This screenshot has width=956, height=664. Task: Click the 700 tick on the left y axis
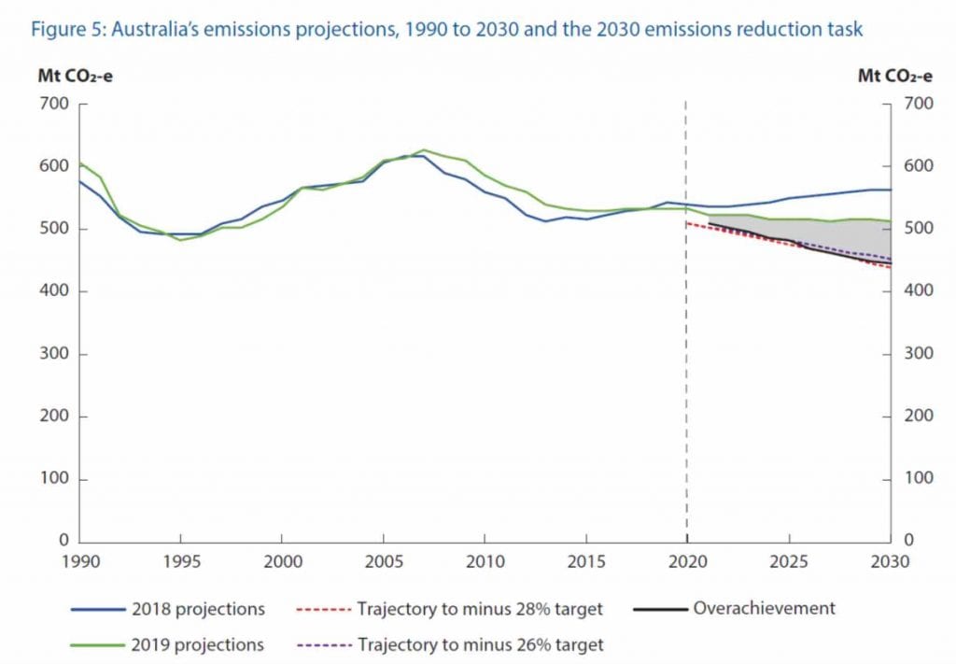(54, 104)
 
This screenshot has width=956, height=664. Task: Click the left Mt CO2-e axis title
(74, 76)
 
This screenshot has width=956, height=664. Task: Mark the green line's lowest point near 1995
(181, 240)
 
